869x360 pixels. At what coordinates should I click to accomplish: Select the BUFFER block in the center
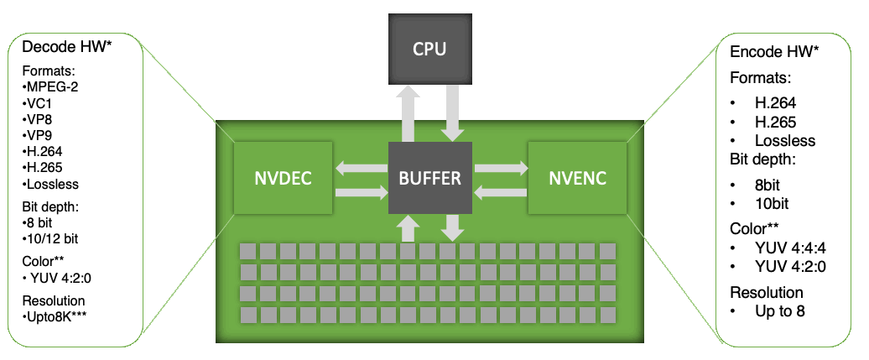(430, 177)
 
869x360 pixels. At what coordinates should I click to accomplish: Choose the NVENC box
(577, 177)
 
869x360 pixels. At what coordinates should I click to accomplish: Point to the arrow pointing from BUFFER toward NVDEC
(361, 168)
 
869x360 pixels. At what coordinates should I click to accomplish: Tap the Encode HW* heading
(773, 52)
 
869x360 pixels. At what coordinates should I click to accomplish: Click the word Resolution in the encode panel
(767, 293)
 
